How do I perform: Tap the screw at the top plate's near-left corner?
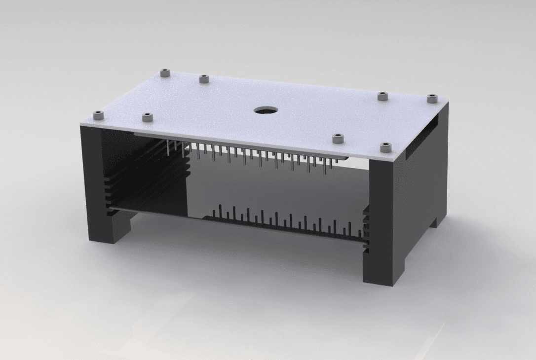(x=99, y=115)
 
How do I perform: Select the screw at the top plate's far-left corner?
(x=165, y=73)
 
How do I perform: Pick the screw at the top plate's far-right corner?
(x=432, y=98)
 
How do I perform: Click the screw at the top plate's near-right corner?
(x=385, y=146)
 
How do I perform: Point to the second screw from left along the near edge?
(x=147, y=117)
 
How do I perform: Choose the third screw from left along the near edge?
(x=338, y=138)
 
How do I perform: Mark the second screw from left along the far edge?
(x=204, y=78)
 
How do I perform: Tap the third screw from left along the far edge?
(x=382, y=96)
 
